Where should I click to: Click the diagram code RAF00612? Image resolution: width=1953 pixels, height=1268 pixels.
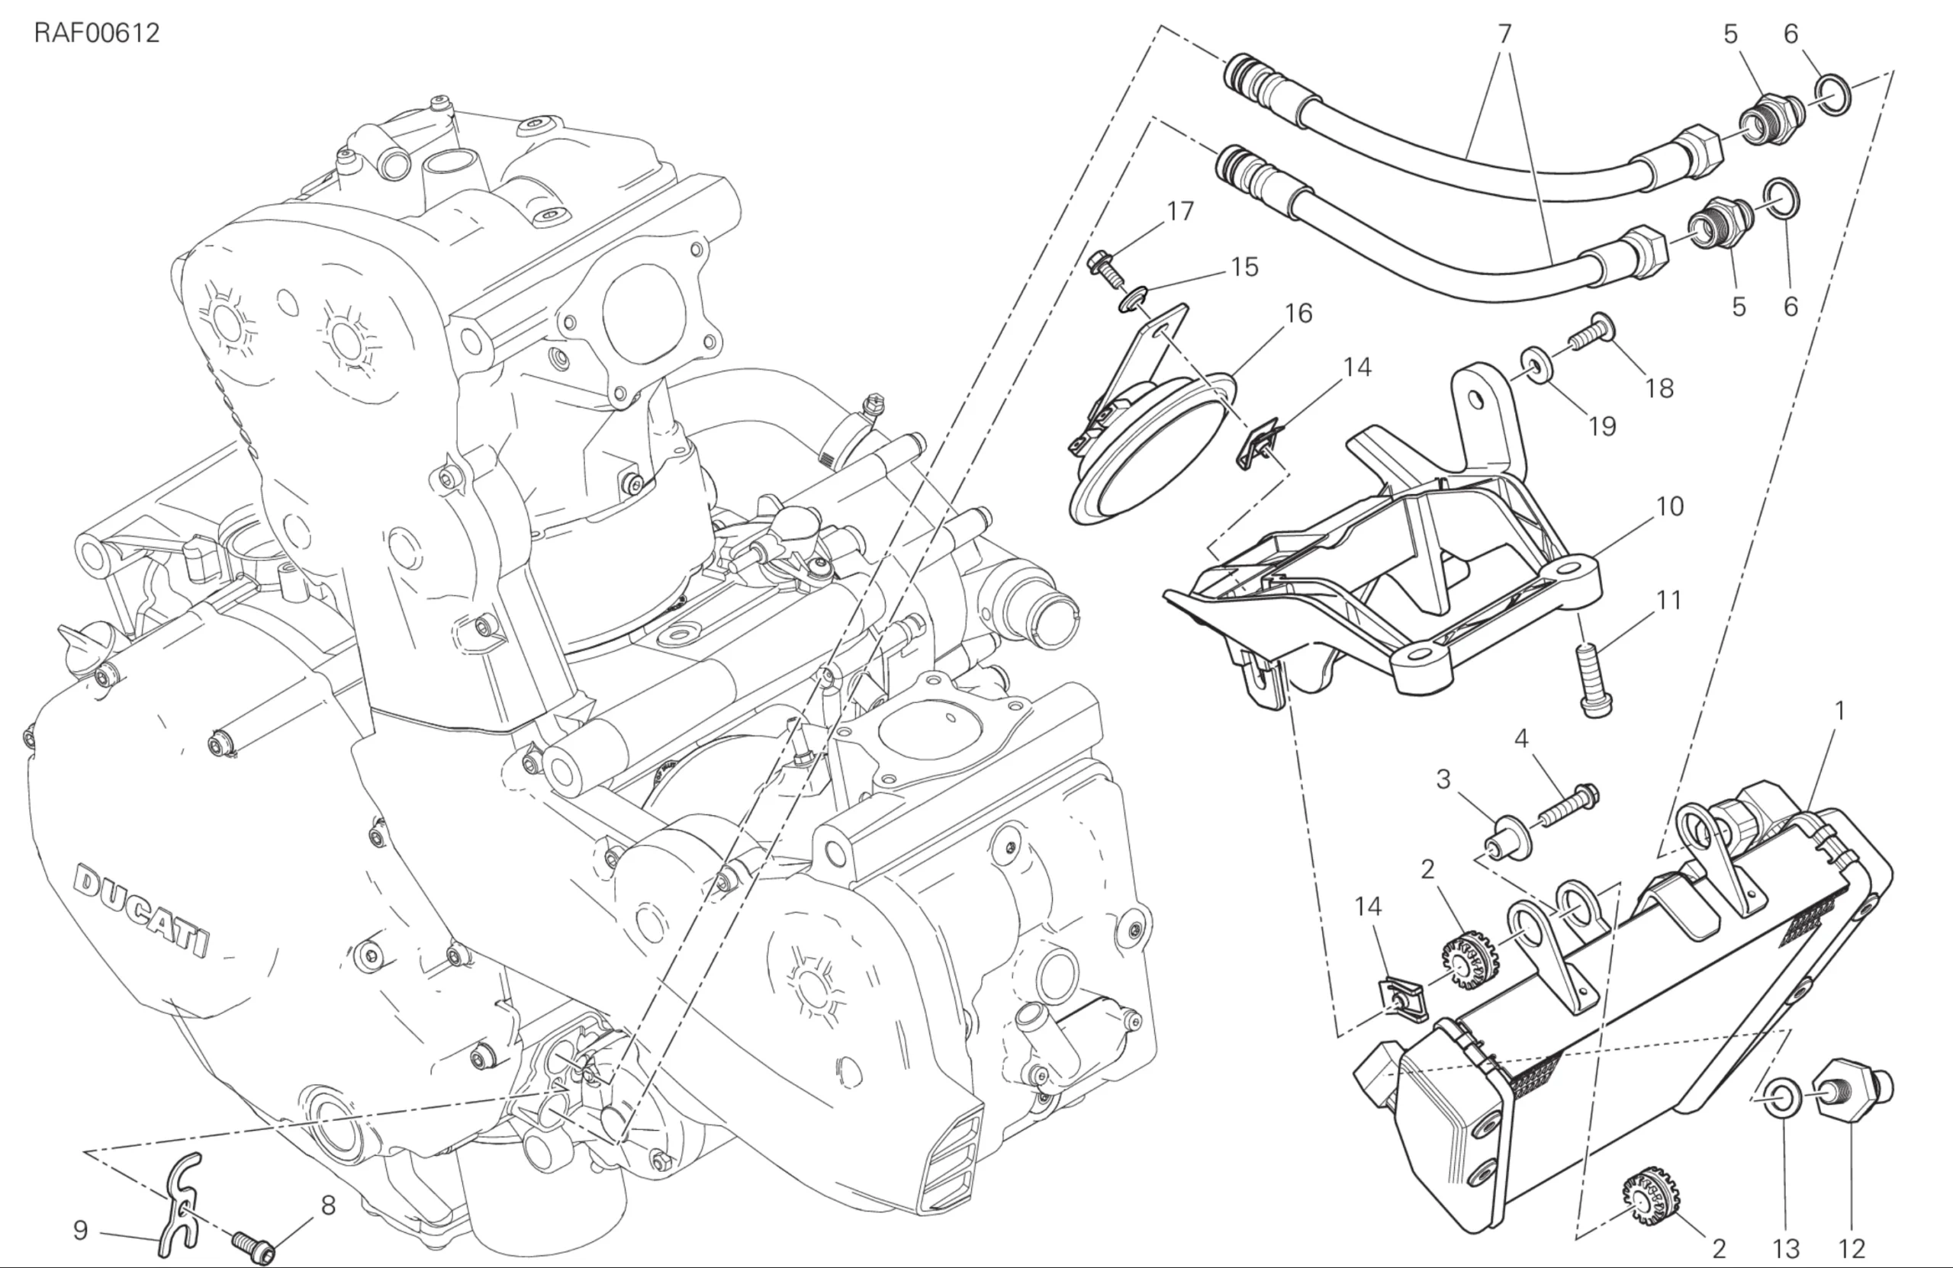pyautogui.click(x=97, y=34)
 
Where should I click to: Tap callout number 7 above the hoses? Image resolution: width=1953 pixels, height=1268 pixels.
pyautogui.click(x=1504, y=34)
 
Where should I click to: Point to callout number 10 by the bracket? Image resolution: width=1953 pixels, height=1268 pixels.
pyautogui.click(x=1670, y=506)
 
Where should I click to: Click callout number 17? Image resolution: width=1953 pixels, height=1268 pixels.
pyautogui.click(x=1180, y=212)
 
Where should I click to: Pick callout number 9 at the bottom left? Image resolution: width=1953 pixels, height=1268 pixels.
pyautogui.click(x=79, y=1231)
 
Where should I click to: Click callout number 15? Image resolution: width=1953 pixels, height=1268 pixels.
pyautogui.click(x=1245, y=267)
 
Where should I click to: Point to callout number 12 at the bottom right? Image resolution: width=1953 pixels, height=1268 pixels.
pyautogui.click(x=1852, y=1249)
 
